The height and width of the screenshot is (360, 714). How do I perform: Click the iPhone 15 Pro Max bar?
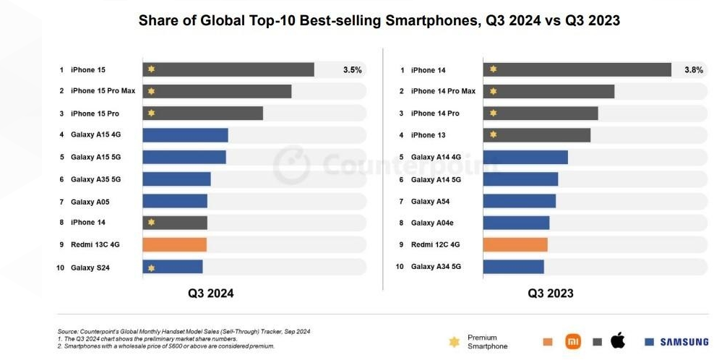(x=217, y=91)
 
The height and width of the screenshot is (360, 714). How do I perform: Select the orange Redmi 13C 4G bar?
(x=174, y=244)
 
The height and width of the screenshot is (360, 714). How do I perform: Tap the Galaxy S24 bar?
(x=173, y=267)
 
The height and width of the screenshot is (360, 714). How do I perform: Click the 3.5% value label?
(x=352, y=70)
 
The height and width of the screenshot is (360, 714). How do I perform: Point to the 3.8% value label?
(x=693, y=70)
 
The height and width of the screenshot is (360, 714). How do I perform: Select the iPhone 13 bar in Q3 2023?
(x=536, y=135)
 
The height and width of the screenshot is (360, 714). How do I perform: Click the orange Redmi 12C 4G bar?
(x=515, y=244)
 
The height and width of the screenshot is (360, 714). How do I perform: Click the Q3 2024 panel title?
(x=211, y=293)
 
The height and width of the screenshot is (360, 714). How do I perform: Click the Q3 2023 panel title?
(x=551, y=293)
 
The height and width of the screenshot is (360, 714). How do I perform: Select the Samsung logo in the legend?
(x=676, y=342)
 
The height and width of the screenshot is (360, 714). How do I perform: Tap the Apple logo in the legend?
(x=618, y=340)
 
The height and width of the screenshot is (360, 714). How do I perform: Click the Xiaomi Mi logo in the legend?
(x=572, y=341)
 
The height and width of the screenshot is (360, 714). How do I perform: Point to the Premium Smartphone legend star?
(x=454, y=341)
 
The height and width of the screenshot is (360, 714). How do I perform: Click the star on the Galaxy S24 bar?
(x=151, y=267)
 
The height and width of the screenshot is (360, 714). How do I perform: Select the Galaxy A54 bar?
(x=519, y=201)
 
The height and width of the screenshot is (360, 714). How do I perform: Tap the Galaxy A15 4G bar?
(x=185, y=135)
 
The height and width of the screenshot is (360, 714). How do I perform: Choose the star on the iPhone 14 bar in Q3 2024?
(x=151, y=223)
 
